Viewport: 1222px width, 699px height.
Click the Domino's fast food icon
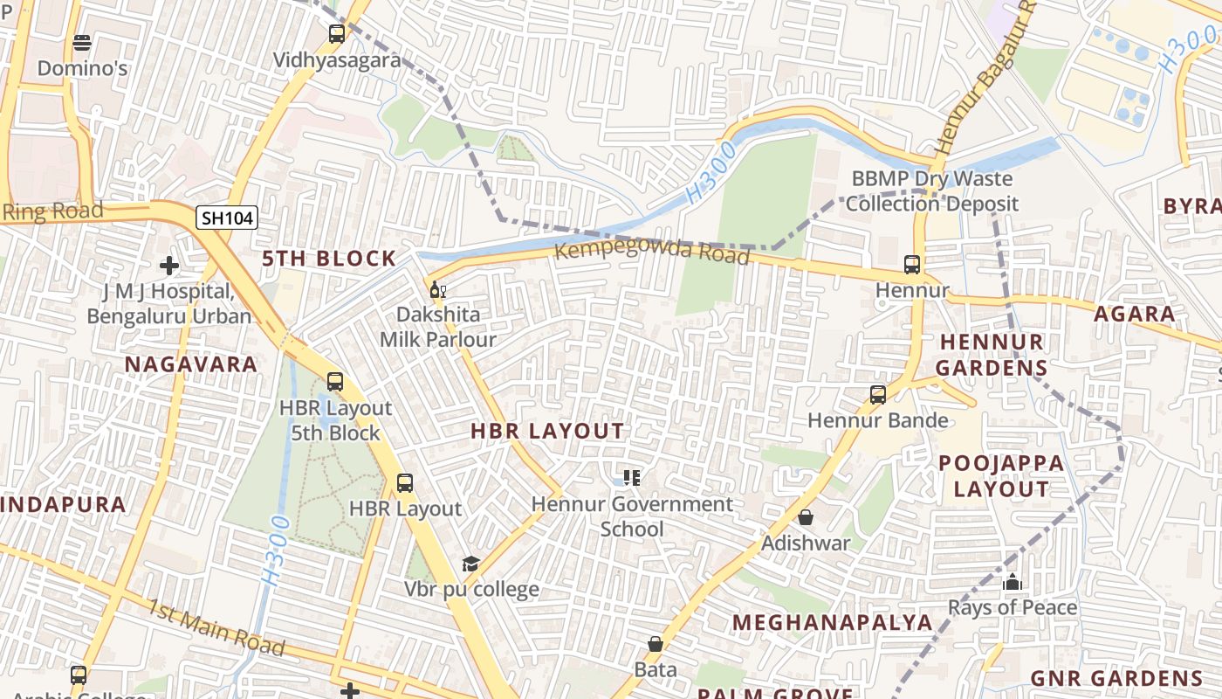[x=82, y=42]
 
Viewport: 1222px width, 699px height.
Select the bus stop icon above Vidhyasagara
[x=337, y=34]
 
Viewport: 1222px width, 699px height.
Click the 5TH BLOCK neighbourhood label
[x=330, y=259]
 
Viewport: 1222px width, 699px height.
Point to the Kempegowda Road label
[x=652, y=252]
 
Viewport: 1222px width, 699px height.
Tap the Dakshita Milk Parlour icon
[x=437, y=290]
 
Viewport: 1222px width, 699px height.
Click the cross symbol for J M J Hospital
[x=169, y=265]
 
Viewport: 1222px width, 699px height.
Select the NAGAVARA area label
[x=191, y=364]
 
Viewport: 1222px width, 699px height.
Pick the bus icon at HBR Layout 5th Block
[x=335, y=382]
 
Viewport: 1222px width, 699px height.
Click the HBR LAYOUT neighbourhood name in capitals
[x=547, y=431]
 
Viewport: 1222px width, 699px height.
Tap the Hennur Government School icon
[x=632, y=478]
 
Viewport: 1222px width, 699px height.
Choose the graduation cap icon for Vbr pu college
[x=470, y=564]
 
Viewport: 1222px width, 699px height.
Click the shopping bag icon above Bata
[x=656, y=644]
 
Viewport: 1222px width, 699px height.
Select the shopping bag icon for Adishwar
[x=806, y=517]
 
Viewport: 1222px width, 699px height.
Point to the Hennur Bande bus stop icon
[x=878, y=395]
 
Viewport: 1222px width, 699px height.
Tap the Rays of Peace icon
[x=1013, y=582]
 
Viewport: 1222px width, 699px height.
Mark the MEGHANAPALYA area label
[x=832, y=622]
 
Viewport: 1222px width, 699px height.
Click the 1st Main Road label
[x=216, y=627]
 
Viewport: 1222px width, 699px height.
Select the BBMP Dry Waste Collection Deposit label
[x=931, y=191]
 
